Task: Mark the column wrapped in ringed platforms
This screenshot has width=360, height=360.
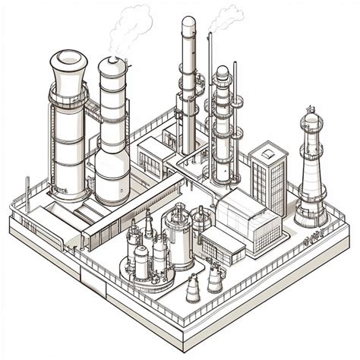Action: (x=221, y=122)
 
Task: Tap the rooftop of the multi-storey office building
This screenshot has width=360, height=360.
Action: (x=268, y=149)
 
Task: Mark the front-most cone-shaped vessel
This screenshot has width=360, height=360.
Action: (x=193, y=289)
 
